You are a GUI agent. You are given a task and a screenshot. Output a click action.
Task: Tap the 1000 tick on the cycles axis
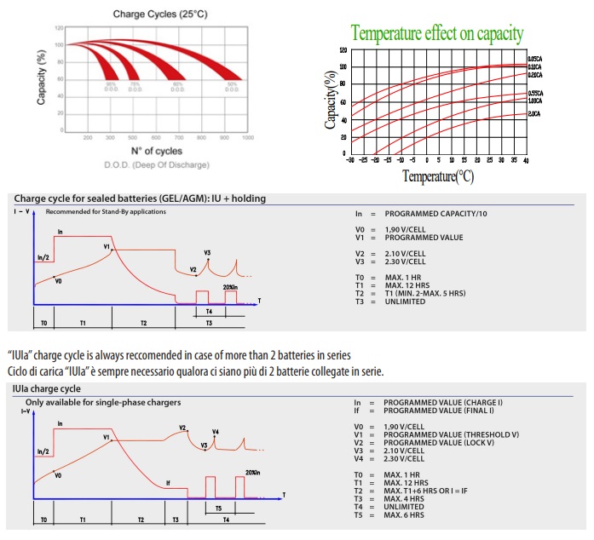tap(248, 137)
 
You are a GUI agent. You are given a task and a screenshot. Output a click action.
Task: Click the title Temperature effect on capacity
tap(437, 34)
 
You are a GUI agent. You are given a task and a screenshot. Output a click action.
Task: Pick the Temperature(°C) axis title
tap(438, 176)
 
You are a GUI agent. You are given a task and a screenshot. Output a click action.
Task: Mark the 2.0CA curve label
tap(534, 113)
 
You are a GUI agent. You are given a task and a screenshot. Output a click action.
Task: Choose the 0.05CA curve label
tap(536, 58)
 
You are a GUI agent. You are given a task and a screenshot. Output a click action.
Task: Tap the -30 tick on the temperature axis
tap(350, 160)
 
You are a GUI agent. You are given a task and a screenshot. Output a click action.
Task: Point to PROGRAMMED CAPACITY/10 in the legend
tap(438, 212)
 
